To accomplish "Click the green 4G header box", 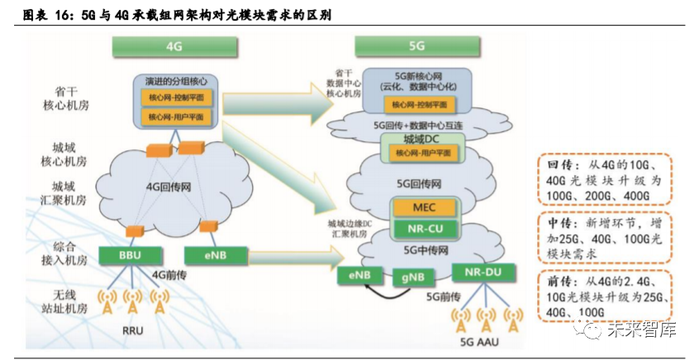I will click(174, 47).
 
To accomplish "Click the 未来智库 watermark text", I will click(644, 330).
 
